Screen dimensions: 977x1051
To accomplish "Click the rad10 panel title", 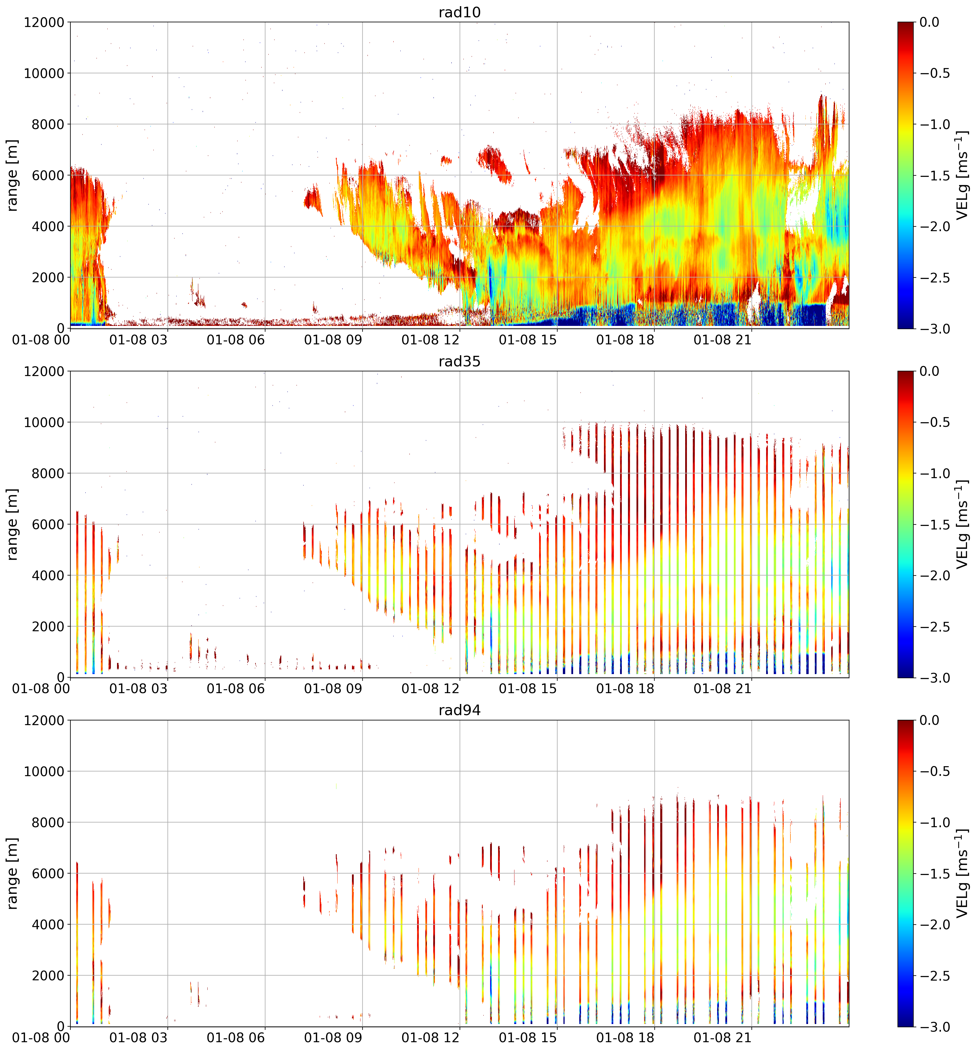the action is (x=459, y=12).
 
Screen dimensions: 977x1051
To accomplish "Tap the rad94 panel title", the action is (x=459, y=710).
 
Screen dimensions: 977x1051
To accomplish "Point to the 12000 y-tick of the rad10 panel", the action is (x=44, y=22).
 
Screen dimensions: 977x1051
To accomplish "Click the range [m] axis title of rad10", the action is (x=12, y=175).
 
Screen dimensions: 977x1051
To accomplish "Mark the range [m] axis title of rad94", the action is (x=12, y=873).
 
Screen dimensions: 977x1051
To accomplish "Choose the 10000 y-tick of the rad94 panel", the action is (x=44, y=771).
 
